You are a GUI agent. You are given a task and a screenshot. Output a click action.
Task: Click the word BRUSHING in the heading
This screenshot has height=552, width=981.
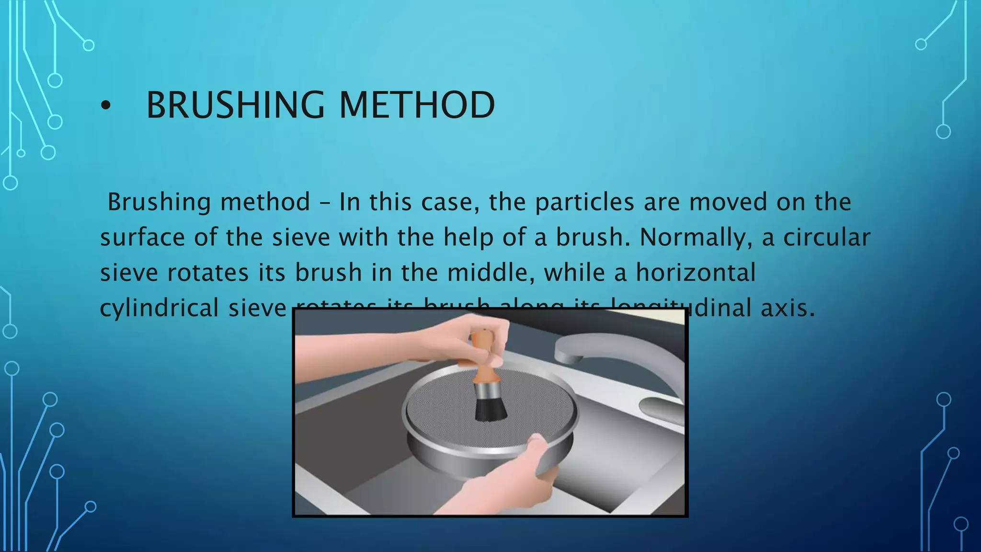(235, 105)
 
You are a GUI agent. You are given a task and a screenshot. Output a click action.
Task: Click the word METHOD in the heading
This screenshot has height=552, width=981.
(417, 105)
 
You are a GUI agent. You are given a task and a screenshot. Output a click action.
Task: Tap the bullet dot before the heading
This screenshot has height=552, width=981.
(105, 106)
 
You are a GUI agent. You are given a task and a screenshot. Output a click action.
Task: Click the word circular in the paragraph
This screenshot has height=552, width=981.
(827, 238)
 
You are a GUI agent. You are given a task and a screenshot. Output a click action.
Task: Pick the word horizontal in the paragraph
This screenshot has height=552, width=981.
(696, 273)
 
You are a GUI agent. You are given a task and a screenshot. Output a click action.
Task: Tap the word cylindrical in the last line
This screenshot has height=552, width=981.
(159, 308)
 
